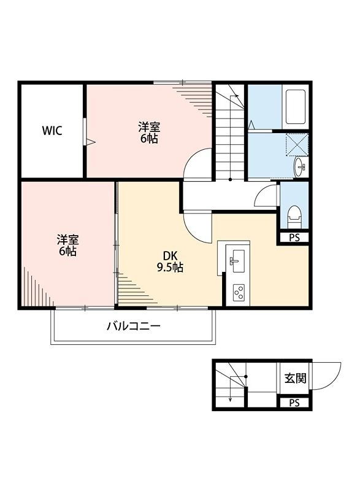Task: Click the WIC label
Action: pyautogui.click(x=52, y=130)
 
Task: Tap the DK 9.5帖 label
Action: pyautogui.click(x=169, y=261)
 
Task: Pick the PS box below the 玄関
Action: pyautogui.click(x=294, y=403)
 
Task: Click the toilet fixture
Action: pyautogui.click(x=294, y=215)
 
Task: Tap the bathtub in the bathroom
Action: pyautogui.click(x=296, y=107)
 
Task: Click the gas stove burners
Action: pyautogui.click(x=238, y=292)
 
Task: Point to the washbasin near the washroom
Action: pyautogui.click(x=301, y=167)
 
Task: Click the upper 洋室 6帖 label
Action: pyautogui.click(x=149, y=133)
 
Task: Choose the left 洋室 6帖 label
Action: pyautogui.click(x=67, y=244)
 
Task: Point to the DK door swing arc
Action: pyautogui.click(x=196, y=227)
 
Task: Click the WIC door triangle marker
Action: pyautogui.click(x=90, y=142)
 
